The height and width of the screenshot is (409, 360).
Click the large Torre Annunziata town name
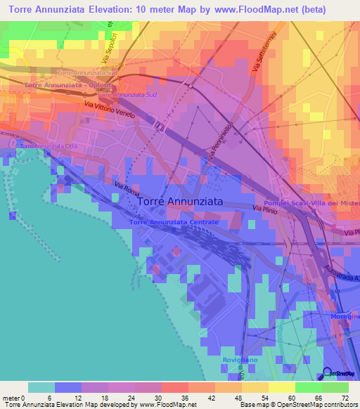click(181, 201)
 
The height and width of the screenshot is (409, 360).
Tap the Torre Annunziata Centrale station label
click(174, 222)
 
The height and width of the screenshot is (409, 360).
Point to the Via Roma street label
click(127, 190)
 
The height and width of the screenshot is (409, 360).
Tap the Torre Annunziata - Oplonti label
click(59, 85)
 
